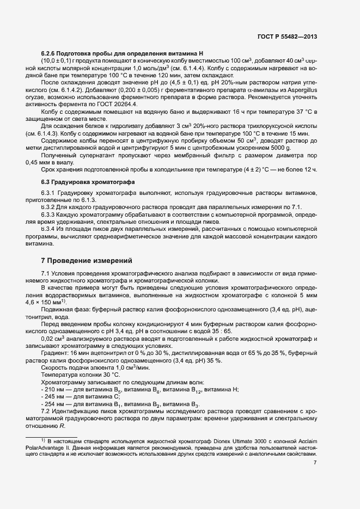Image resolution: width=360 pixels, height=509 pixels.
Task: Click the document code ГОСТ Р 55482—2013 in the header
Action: [286, 36]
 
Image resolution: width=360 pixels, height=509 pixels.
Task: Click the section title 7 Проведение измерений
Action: [87, 260]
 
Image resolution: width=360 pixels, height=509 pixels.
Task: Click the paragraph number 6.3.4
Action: [51, 230]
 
